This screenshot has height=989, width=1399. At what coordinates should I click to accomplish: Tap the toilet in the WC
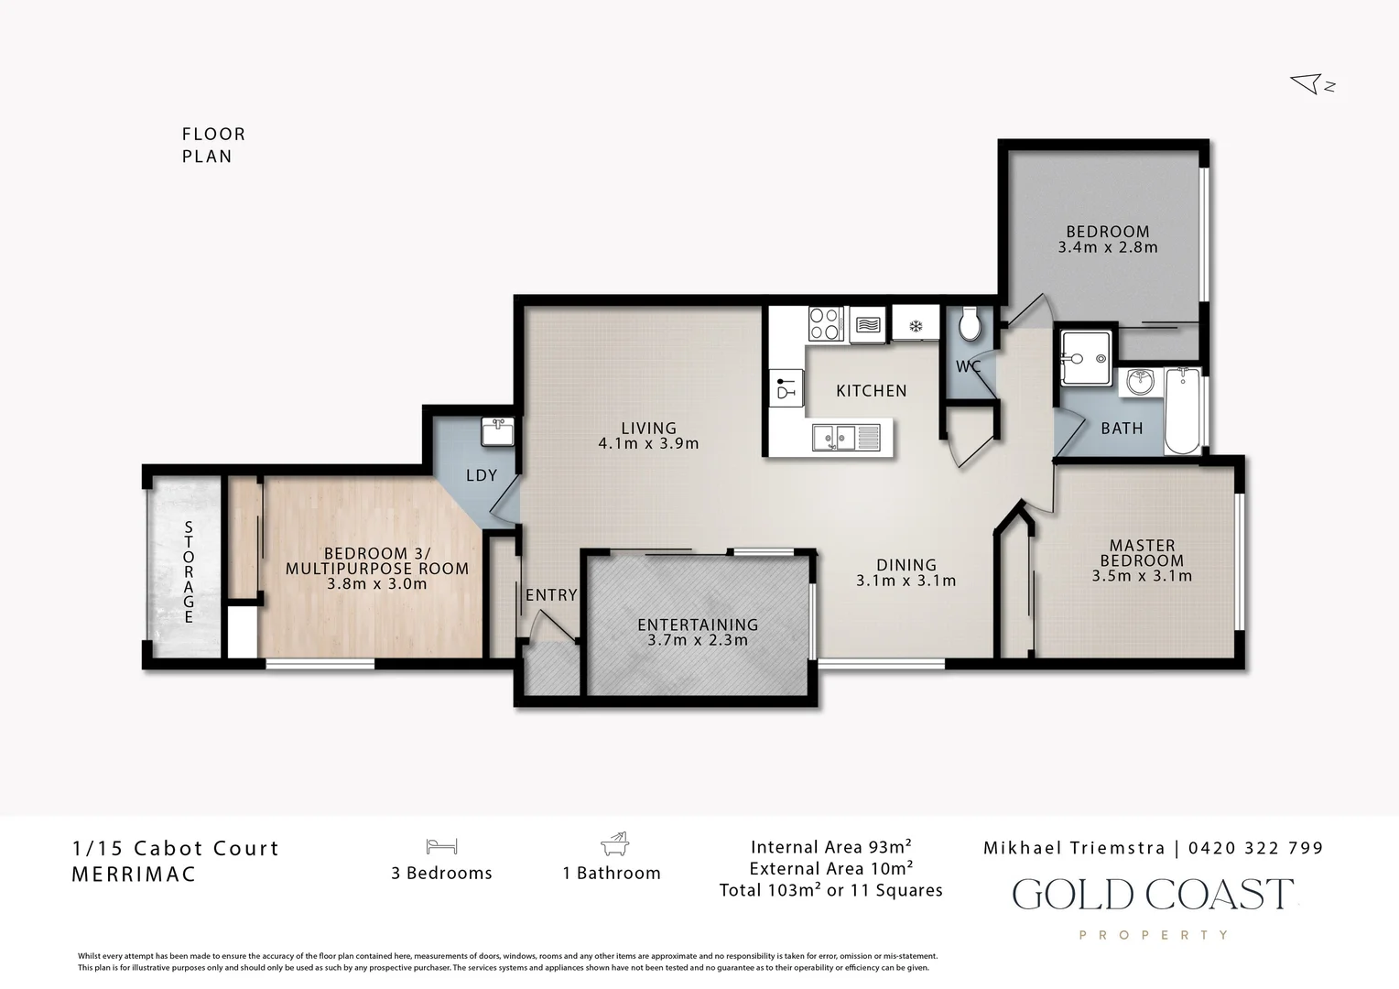tap(970, 323)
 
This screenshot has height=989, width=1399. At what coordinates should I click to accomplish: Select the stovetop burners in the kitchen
tap(824, 323)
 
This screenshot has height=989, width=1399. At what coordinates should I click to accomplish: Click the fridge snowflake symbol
tap(916, 325)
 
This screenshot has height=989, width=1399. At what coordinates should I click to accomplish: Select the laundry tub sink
tap(497, 431)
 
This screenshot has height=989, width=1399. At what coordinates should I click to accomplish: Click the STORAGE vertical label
tap(189, 572)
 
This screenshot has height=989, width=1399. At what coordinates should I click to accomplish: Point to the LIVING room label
tap(648, 428)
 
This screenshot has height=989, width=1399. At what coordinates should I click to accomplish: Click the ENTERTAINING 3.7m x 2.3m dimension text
tap(698, 640)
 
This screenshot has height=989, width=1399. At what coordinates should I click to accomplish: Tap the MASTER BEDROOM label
tap(1142, 553)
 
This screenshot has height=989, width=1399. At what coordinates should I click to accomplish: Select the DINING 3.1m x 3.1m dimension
tap(906, 581)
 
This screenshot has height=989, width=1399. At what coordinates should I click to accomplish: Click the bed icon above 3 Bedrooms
tap(441, 846)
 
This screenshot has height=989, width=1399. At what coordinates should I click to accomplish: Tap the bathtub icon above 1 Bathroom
tap(614, 843)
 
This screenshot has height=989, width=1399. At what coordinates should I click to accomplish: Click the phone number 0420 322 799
tap(1255, 848)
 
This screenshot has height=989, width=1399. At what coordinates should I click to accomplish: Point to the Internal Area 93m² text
tap(830, 846)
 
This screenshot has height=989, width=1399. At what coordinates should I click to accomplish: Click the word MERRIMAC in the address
tap(134, 874)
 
